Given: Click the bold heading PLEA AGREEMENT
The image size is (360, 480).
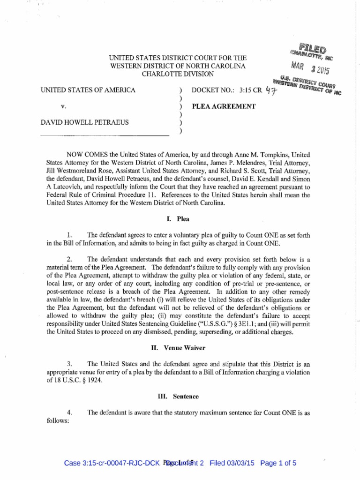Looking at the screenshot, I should pyautogui.click(x=224, y=106).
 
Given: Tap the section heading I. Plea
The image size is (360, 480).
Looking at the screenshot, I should pyautogui.click(x=180, y=219).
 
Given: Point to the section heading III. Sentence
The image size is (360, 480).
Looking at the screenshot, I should pyautogui.click(x=180, y=396).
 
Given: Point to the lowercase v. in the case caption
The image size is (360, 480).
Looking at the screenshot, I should pyautogui.click(x=64, y=106).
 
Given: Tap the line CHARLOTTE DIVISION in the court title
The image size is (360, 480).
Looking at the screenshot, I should pyautogui.click(x=178, y=74).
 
